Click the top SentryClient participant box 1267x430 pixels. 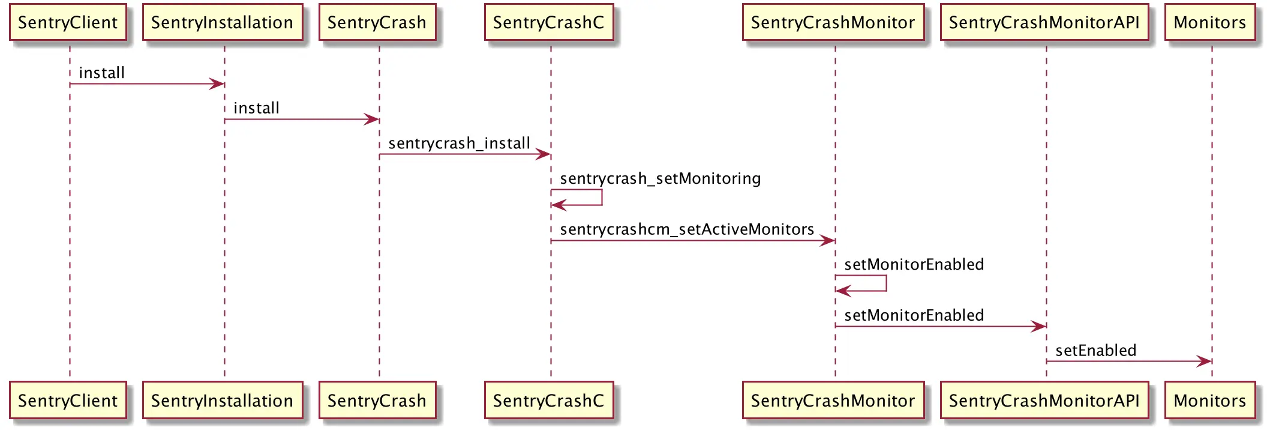click(x=68, y=23)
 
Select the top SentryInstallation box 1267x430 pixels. click(x=223, y=23)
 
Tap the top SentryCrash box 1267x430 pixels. click(x=377, y=23)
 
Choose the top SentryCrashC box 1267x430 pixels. click(x=549, y=23)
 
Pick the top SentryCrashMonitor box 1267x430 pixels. click(x=833, y=23)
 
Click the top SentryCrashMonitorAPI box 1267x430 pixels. click(x=1044, y=23)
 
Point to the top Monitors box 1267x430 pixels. click(x=1210, y=23)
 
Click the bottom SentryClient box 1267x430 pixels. click(x=68, y=400)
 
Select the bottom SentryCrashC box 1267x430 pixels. click(x=549, y=400)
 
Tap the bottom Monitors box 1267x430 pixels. click(x=1210, y=400)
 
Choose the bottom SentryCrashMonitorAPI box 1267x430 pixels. click(x=1044, y=400)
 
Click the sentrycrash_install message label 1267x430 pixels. click(x=460, y=144)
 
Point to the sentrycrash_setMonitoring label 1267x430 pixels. click(x=660, y=179)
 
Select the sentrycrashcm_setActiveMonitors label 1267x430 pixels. click(x=687, y=229)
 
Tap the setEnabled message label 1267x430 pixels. click(x=1096, y=350)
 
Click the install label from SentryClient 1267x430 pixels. click(x=102, y=73)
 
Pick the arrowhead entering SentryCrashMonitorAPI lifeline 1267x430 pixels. click(x=1039, y=327)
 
